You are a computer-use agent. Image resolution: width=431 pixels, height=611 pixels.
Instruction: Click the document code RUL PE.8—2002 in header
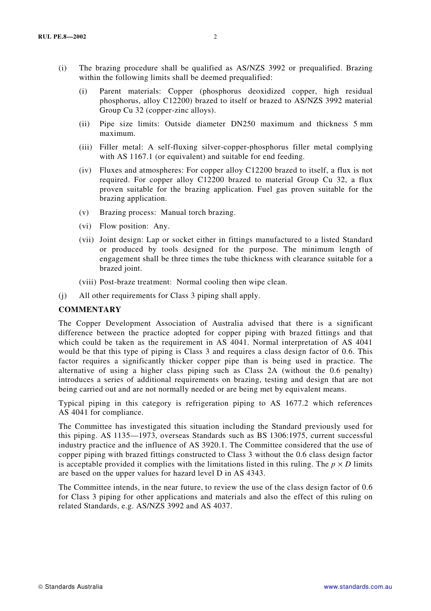[x=62, y=37]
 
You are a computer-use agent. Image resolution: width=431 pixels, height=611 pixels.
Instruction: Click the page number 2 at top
[x=215, y=37]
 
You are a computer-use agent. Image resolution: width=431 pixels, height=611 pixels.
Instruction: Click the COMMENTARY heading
[x=90, y=310]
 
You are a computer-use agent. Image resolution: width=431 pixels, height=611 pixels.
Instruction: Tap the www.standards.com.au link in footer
[x=358, y=587]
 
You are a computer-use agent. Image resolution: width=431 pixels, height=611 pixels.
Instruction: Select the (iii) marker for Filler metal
[x=85, y=147]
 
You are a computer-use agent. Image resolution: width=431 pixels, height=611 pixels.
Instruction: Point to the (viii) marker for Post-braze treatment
[x=88, y=282]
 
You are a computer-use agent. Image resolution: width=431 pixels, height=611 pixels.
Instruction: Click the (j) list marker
[x=63, y=296]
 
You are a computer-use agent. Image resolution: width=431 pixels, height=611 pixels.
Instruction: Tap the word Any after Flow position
[x=161, y=226]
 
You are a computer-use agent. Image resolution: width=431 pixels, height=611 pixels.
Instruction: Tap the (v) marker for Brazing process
[x=84, y=213]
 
